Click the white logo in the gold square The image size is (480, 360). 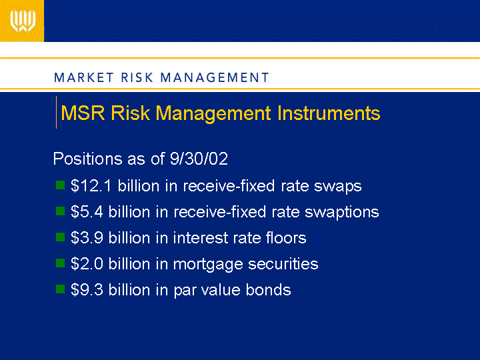[23, 21]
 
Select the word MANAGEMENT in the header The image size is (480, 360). [215, 77]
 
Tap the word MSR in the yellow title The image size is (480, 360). [83, 113]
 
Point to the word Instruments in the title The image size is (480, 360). [329, 113]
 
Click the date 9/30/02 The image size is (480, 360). [199, 159]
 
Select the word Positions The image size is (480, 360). [87, 159]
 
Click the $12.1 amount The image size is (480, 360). [91, 186]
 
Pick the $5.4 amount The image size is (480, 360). [87, 212]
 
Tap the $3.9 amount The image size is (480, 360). [87, 238]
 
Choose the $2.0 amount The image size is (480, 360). [87, 264]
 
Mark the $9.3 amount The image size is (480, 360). [87, 290]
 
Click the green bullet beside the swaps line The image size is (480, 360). [60, 185]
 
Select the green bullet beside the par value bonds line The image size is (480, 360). [60, 289]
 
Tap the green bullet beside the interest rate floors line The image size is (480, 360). [60, 237]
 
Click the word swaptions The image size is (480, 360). [341, 213]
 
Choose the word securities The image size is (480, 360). [283, 264]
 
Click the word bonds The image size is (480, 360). [268, 290]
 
